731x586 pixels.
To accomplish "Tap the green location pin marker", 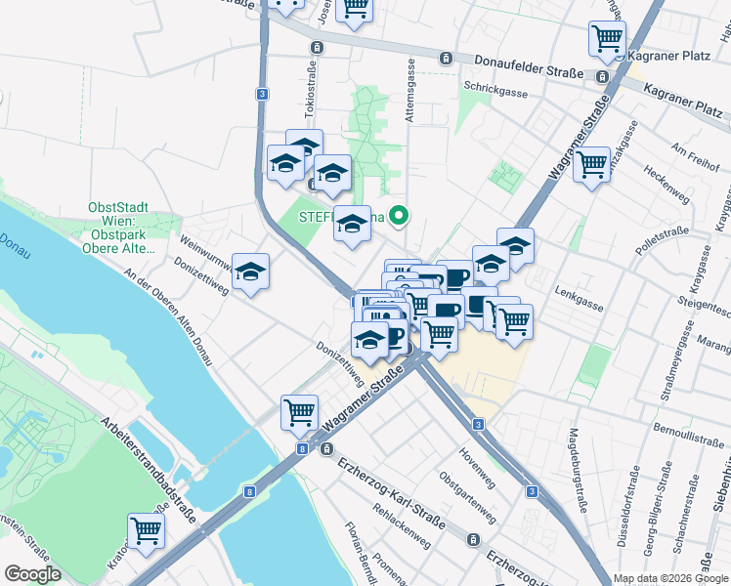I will coord(399,216).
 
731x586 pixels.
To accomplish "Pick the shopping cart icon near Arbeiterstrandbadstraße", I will coord(146,531).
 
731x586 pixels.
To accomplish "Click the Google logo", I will coord(32,574).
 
